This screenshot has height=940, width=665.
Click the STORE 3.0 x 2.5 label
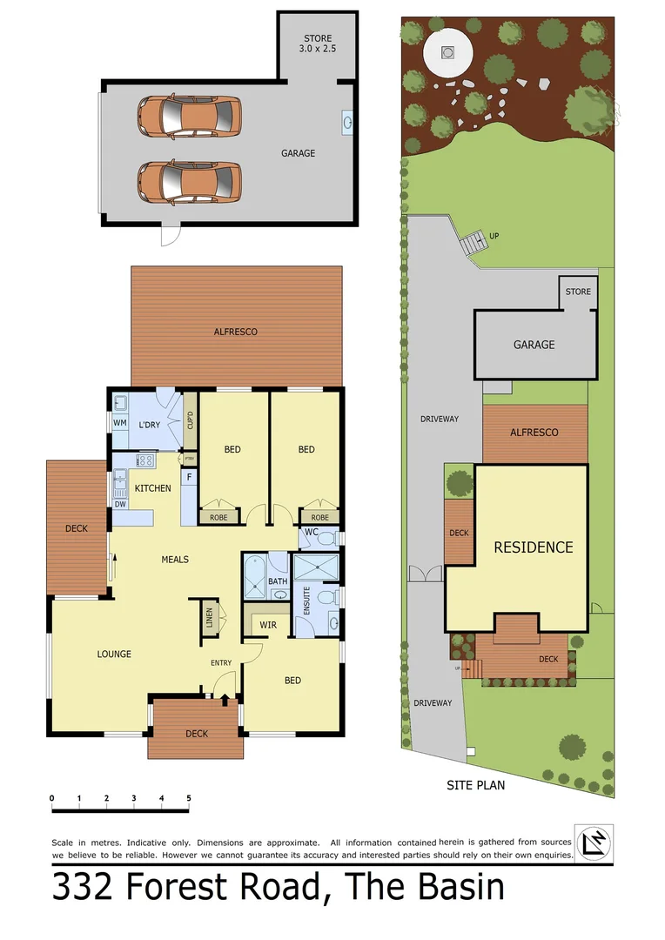(319, 44)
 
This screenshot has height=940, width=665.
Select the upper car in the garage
(189, 116)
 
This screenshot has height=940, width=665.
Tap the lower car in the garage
(189, 181)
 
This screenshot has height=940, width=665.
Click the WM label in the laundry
(119, 424)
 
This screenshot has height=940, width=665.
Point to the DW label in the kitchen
(120, 504)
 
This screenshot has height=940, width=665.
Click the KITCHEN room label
(152, 488)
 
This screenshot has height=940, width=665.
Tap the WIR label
(268, 625)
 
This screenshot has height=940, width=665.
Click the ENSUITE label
(306, 601)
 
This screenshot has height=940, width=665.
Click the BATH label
(277, 581)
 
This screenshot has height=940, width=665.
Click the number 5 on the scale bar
(188, 798)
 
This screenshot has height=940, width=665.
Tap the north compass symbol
(594, 843)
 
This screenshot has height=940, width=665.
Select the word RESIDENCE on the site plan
(533, 547)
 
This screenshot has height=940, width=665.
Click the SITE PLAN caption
(475, 784)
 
